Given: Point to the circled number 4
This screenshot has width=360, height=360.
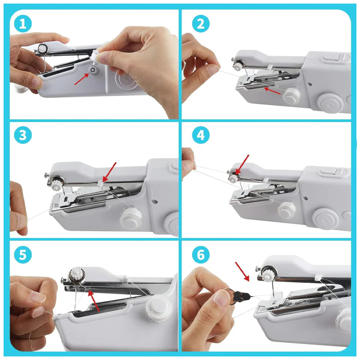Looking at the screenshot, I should point(201,136).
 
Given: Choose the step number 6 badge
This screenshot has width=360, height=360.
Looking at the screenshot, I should point(201,255).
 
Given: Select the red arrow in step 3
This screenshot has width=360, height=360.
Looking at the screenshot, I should point(109,171).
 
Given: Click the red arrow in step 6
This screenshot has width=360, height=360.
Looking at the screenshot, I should point(242,271).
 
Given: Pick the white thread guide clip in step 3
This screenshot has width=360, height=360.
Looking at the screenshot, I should point(100,183).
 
